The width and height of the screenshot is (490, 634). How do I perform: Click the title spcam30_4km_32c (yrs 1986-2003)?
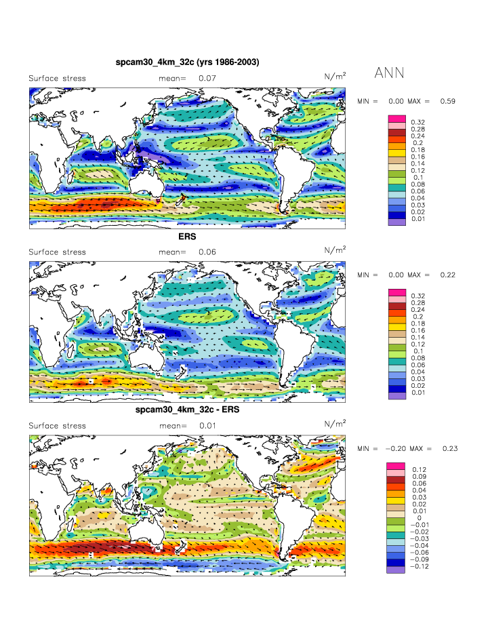click(x=188, y=62)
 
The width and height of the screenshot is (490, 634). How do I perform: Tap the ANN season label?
click(x=389, y=73)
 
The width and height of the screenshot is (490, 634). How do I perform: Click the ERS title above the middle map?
click(x=187, y=237)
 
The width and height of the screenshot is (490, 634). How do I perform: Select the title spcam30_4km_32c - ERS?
click(x=187, y=411)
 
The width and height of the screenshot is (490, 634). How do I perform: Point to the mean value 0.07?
click(x=207, y=79)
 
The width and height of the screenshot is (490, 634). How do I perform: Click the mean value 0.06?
click(x=207, y=252)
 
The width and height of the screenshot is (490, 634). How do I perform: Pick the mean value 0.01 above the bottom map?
click(x=207, y=426)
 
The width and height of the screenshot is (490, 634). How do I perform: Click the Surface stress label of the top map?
click(x=57, y=79)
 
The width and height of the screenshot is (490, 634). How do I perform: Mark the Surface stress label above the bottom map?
click(x=57, y=426)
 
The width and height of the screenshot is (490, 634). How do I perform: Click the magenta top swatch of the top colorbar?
click(x=396, y=119)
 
